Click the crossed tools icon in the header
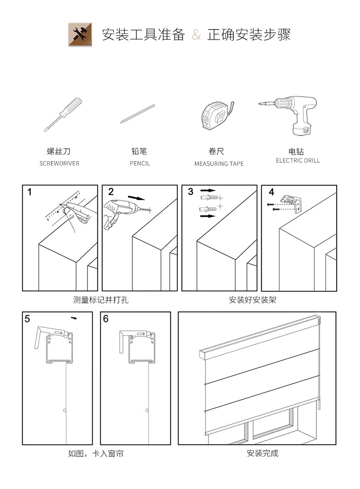point(80,34)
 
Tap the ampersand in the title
point(196,35)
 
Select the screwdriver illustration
point(63,114)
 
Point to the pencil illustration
point(138,114)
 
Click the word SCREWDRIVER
point(59,163)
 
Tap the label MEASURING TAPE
point(219,163)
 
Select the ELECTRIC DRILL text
point(298,160)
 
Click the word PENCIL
point(140,163)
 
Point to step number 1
point(30,192)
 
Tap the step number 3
point(190,192)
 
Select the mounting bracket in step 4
point(292,203)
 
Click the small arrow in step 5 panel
point(75,318)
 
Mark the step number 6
point(106,319)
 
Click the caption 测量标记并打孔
point(101,300)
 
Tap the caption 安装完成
point(262,453)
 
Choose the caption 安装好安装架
point(252,300)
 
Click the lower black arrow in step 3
point(208,216)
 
